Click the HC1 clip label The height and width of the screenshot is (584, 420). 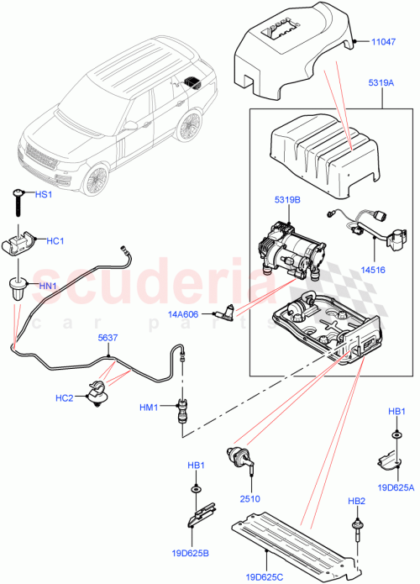click(55, 241)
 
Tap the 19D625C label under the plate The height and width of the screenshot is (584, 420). click(265, 576)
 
